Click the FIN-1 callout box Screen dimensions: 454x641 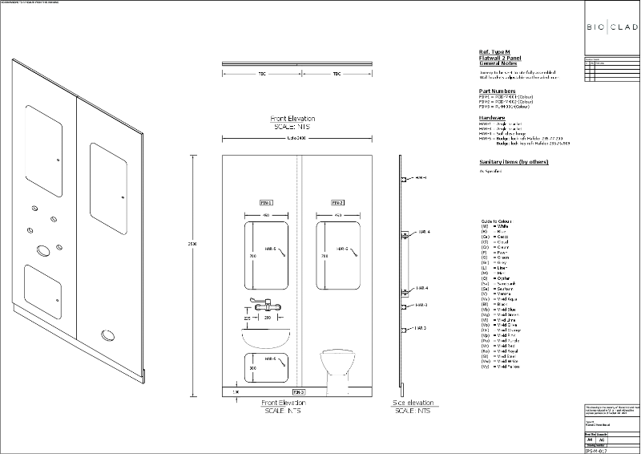click(x=266, y=203)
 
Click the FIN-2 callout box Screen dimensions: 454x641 click(x=337, y=203)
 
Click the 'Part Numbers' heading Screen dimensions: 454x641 click(x=495, y=91)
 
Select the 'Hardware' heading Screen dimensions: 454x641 click(x=491, y=117)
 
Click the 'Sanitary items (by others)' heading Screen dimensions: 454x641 click(x=513, y=161)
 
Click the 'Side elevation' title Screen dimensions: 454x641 click(x=413, y=403)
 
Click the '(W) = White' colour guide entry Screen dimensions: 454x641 click(x=498, y=227)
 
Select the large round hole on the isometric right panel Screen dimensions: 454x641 click(x=107, y=336)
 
